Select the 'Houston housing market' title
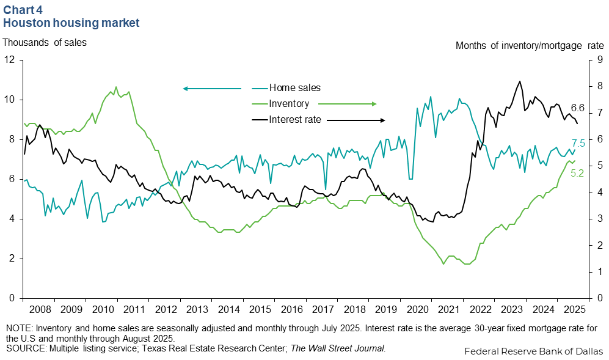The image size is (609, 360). coord(71,23)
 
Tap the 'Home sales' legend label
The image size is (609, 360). coord(294,88)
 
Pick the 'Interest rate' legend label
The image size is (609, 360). coord(295,120)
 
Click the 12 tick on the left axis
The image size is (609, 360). coord(10,60)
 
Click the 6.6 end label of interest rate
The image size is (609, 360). coord(578,108)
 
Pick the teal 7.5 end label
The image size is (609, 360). coord(578,143)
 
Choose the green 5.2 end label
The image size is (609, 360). coord(577,174)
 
